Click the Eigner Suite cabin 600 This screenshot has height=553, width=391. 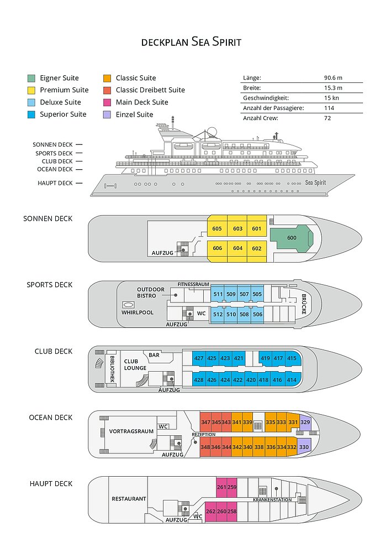click(292, 238)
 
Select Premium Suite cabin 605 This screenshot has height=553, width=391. click(217, 228)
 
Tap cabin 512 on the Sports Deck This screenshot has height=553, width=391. click(218, 314)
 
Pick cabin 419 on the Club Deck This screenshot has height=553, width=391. click(265, 358)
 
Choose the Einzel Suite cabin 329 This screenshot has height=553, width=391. click(305, 422)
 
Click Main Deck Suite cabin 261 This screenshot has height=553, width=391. click(221, 487)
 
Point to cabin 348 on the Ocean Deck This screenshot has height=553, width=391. click(205, 447)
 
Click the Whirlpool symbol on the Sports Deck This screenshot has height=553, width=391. click(128, 305)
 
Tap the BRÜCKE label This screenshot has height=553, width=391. click(304, 304)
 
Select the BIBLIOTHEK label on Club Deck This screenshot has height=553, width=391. click(112, 369)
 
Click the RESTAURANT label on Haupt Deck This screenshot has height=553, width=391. click(129, 499)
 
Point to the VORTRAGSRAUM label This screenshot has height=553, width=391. click(131, 431)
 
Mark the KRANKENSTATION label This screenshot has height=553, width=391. click(272, 500)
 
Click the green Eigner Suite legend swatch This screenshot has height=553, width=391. click(31, 79)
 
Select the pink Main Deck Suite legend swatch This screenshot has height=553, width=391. click(107, 103)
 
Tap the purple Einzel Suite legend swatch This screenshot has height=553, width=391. click(107, 114)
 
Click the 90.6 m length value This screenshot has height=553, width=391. click(333, 78)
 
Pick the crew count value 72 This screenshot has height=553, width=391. click(327, 118)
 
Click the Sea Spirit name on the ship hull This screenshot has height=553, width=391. click(315, 182)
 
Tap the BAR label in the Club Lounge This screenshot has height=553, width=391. click(154, 355)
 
